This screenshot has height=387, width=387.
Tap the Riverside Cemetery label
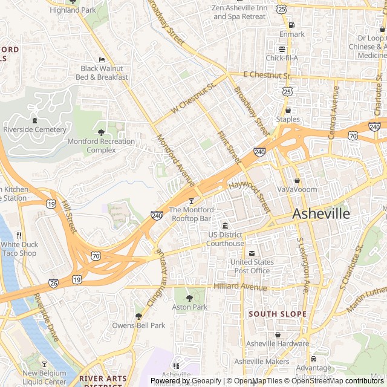34,130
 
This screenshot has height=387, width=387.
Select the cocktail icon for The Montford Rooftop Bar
192,201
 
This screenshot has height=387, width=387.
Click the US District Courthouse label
225,239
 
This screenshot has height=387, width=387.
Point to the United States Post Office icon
252,253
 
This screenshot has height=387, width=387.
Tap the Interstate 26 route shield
53,282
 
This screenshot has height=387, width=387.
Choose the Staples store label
288,120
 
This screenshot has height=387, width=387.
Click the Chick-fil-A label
282,58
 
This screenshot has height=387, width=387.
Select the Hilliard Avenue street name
240,287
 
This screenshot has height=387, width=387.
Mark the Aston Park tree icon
189,298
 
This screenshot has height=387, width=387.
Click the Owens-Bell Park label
138,325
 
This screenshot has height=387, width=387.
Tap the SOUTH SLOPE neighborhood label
278,314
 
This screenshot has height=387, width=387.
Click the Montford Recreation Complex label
101,146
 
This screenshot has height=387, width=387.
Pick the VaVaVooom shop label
297,189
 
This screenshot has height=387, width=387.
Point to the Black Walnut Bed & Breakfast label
105,73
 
